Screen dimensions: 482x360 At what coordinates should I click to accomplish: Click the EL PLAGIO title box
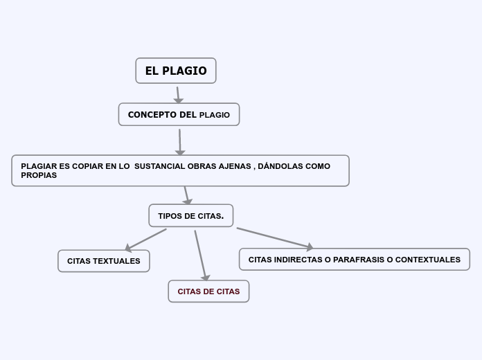pos(176,71)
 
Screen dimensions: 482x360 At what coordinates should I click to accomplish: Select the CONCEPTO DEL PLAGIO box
pos(179,114)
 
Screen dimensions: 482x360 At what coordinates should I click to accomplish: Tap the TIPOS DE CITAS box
pos(191,215)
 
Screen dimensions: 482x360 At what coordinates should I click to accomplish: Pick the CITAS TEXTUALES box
pos(104,261)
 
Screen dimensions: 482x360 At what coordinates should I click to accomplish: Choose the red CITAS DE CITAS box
pos(208,291)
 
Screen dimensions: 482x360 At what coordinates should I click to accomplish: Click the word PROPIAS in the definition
pos(39,175)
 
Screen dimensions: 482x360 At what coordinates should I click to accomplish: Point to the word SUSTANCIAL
pos(159,166)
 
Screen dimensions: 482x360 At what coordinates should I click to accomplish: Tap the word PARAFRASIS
pos(359,260)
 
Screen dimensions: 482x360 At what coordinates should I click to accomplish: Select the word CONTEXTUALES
pos(428,260)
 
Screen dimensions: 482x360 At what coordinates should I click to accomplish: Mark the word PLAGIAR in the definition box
pos(39,166)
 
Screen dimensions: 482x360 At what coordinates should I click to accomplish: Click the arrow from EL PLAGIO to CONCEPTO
pos(178,95)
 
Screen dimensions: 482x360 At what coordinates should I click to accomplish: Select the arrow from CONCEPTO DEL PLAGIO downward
pos(180,142)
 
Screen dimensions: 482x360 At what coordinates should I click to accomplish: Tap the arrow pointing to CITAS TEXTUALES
pos(145,240)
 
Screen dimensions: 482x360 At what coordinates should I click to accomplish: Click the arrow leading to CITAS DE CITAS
pos(202,255)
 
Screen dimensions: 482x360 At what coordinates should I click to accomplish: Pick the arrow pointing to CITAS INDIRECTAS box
pos(275,237)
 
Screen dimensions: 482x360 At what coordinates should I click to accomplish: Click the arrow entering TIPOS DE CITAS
pos(187,195)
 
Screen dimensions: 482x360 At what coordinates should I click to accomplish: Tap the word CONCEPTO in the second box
pos(152,115)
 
